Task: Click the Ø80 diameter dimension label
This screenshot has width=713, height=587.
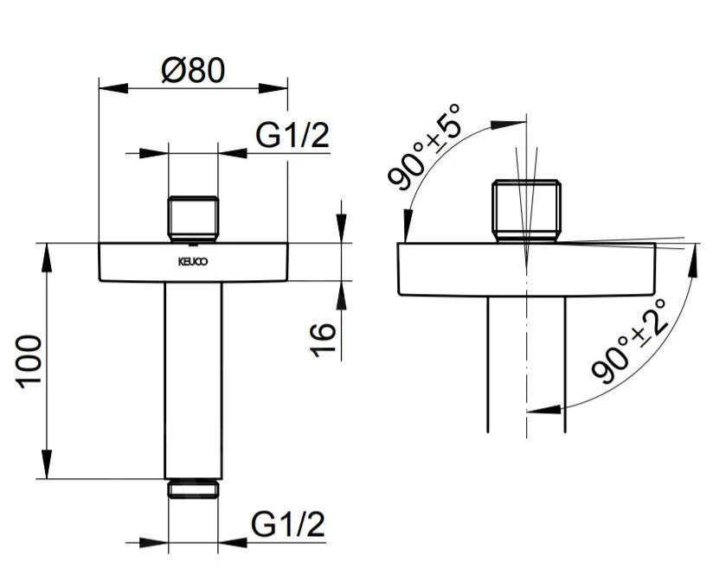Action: (x=193, y=70)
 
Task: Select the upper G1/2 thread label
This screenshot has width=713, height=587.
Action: (x=292, y=136)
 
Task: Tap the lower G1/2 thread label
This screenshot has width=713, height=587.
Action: (x=288, y=524)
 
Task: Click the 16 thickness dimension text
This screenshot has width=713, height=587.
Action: (x=323, y=341)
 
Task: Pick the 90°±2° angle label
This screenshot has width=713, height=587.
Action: (x=630, y=341)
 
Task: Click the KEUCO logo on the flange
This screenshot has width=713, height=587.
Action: (x=192, y=259)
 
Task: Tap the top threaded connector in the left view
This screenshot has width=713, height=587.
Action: (x=192, y=219)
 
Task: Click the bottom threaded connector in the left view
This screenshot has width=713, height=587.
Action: (x=193, y=488)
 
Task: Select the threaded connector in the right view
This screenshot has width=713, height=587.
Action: (x=526, y=208)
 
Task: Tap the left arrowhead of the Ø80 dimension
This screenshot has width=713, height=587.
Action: (x=106, y=86)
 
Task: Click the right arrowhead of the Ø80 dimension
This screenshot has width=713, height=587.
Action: (x=280, y=86)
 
